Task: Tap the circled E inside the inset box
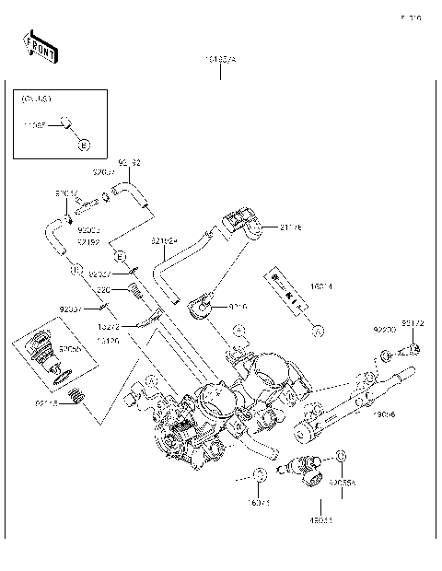(84, 146)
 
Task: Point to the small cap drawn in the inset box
(66, 121)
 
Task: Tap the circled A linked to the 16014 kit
(316, 328)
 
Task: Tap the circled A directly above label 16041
(261, 473)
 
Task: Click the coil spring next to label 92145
(78, 399)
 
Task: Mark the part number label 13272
(108, 326)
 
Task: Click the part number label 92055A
(342, 482)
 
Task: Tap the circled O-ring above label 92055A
(342, 455)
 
